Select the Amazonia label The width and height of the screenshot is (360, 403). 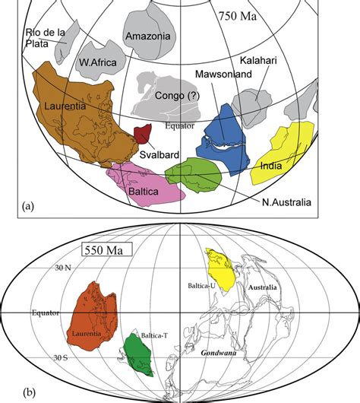pyautogui.click(x=151, y=35)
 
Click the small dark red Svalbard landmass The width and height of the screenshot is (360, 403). pyautogui.click(x=141, y=135)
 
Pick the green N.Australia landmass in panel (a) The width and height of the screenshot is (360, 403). pyautogui.click(x=194, y=175)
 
